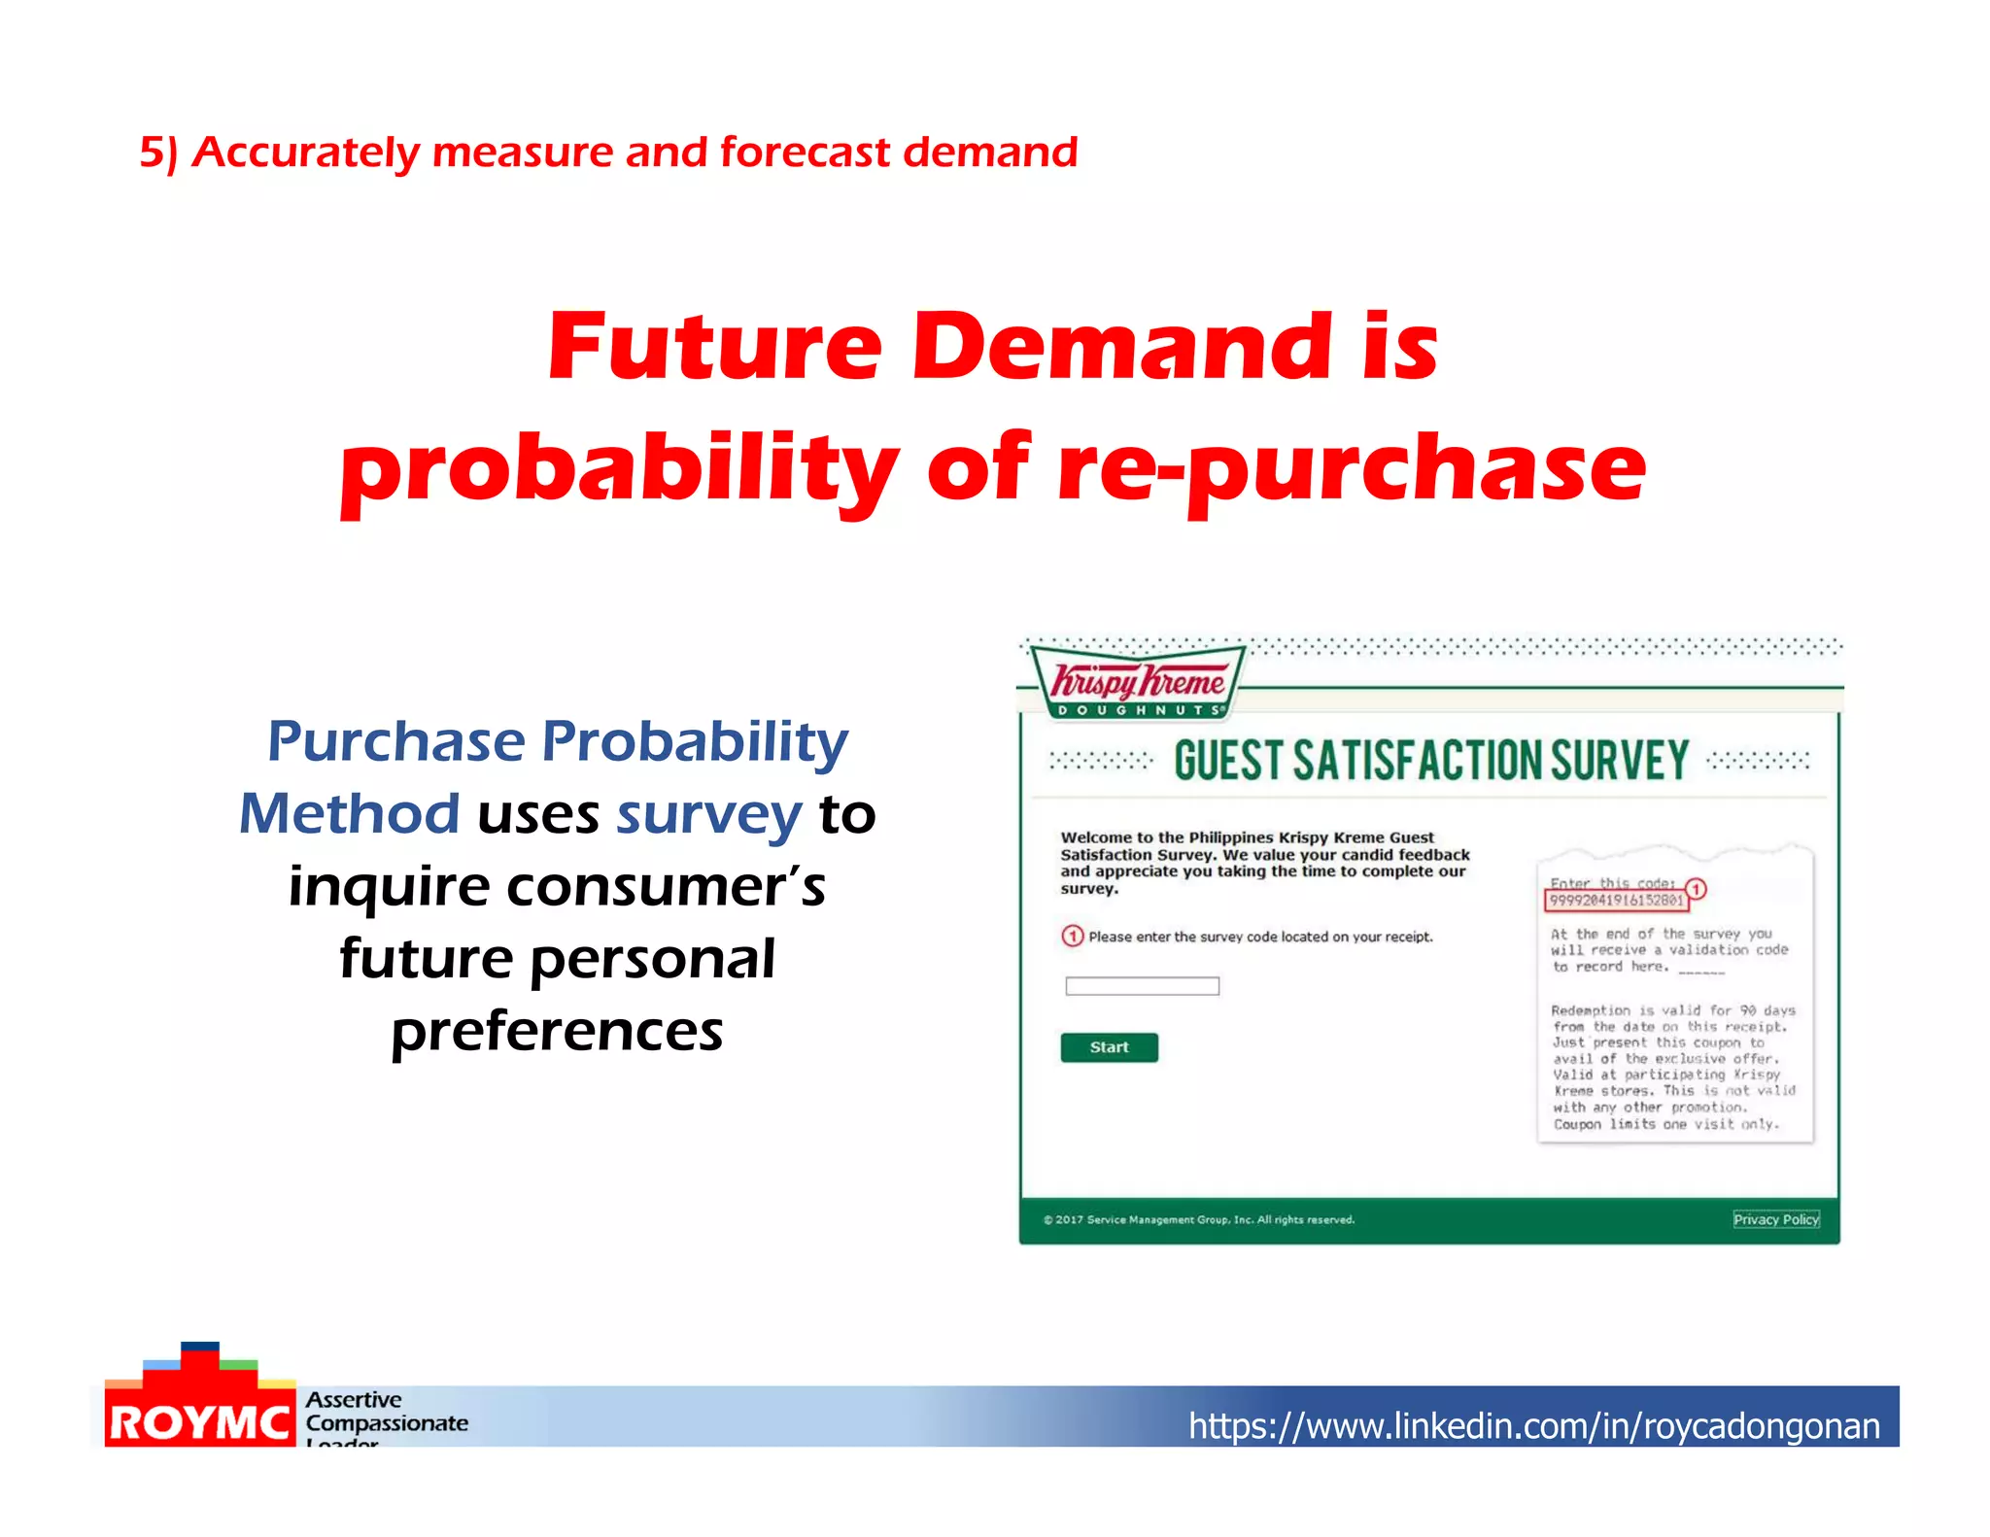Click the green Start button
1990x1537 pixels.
point(1109,1047)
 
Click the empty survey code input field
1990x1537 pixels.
point(1142,986)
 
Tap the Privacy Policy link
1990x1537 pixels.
point(1775,1219)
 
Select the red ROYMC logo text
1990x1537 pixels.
point(199,1423)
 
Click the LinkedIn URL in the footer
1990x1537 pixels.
point(1533,1425)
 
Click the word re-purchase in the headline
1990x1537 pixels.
point(1351,469)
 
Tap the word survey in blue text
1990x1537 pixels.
point(709,814)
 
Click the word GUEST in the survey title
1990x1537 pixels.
point(1228,761)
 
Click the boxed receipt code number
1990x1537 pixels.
point(1616,901)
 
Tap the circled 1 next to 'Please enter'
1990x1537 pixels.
point(1072,936)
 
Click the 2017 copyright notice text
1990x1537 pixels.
point(1198,1219)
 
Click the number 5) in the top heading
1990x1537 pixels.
point(158,154)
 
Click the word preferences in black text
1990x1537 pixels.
point(557,1032)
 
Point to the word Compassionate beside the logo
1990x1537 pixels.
point(387,1423)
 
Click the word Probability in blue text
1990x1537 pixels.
point(695,741)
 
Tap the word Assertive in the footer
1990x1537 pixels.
point(354,1400)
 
